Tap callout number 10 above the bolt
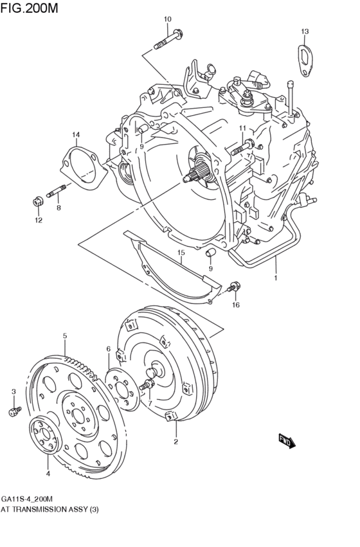pyautogui.click(x=167, y=19)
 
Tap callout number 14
pyautogui.click(x=76, y=134)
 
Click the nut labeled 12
pyautogui.click(x=37, y=201)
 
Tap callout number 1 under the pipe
pyautogui.click(x=275, y=279)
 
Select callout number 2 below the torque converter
pyautogui.click(x=175, y=442)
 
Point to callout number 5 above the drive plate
pyautogui.click(x=65, y=336)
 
